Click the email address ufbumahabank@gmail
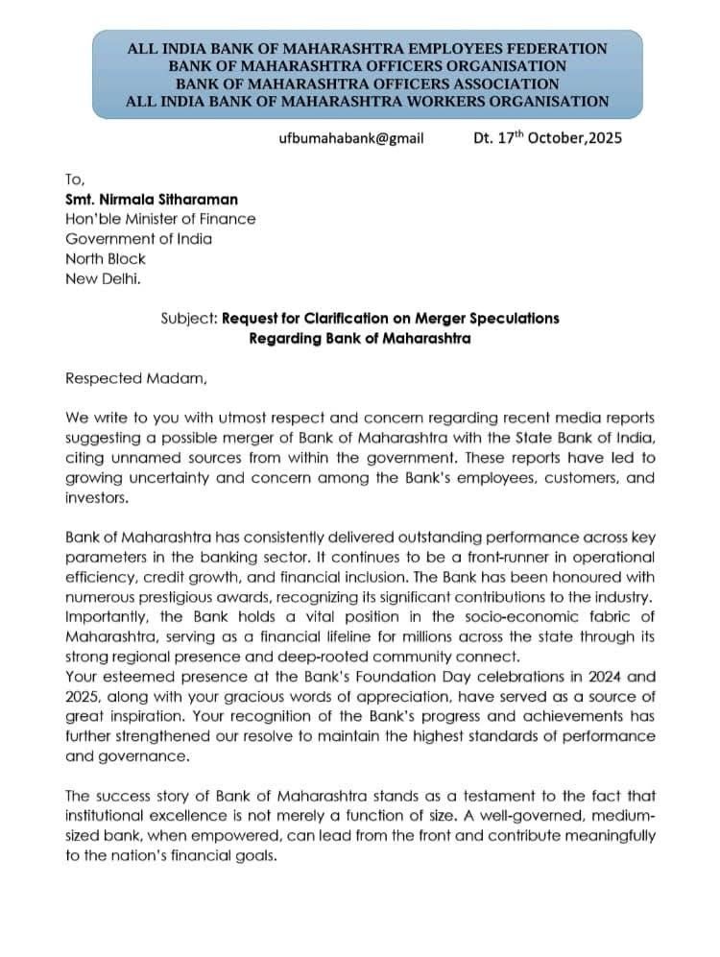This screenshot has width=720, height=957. click(x=350, y=138)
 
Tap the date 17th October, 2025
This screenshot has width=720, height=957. click(x=547, y=137)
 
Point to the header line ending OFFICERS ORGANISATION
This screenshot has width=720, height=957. click(x=368, y=65)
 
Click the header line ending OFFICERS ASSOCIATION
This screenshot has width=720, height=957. click(x=368, y=83)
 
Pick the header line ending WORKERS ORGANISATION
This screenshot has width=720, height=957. click(x=368, y=100)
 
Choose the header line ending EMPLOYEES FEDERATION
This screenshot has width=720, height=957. click(x=368, y=48)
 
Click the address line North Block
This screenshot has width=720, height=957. click(x=106, y=258)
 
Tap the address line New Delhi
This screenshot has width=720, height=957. click(x=101, y=277)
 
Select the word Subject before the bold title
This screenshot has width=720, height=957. click(x=188, y=318)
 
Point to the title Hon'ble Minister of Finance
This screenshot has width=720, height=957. click(x=160, y=219)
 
